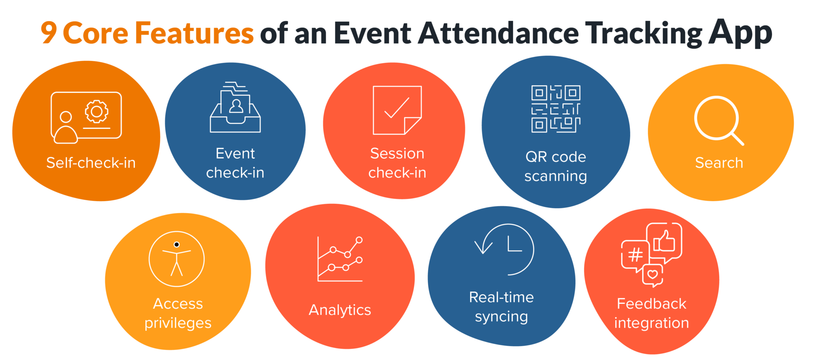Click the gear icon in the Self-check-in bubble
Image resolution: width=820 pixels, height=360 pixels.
coord(96,111)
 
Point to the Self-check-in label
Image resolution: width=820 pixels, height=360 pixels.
coord(91,163)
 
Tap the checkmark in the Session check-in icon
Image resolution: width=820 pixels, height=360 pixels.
coord(396,108)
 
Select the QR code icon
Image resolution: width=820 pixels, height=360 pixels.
coord(556,109)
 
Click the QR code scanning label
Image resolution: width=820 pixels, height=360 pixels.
coord(556,166)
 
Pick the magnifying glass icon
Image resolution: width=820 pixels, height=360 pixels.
coord(718,120)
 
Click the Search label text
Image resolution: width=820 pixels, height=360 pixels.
coord(719,163)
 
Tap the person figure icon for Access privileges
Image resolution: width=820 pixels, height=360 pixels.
coord(177,259)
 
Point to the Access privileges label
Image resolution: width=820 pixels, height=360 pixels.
coord(178,313)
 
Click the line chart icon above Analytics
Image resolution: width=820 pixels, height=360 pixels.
coord(340,259)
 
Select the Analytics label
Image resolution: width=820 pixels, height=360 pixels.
coord(340,310)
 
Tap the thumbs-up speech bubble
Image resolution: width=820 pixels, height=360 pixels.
coord(664,242)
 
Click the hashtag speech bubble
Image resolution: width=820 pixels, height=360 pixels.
coord(635,255)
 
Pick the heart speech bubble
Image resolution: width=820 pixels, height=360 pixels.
coord(653,275)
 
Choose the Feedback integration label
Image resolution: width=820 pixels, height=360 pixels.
coord(651,313)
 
